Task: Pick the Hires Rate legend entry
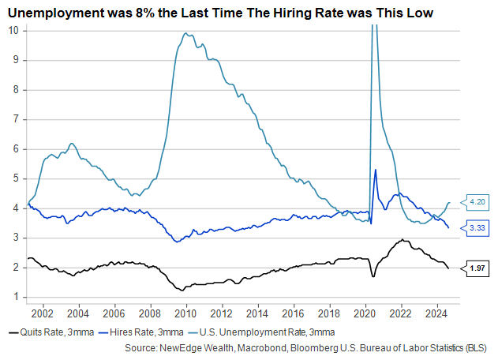150,331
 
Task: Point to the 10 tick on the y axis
13,30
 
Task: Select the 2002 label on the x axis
43,312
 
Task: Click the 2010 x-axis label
185,312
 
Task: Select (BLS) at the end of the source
475,347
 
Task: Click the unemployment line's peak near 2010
185,33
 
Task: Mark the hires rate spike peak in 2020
375,169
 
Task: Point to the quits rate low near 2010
184,290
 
